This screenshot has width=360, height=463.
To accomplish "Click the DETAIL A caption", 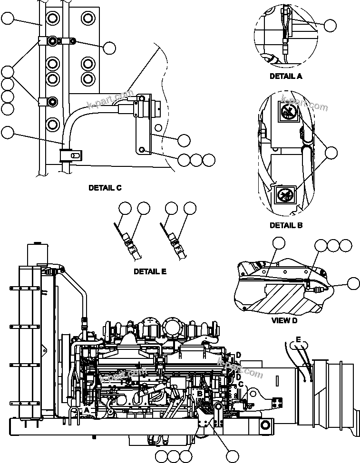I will pos(285,76).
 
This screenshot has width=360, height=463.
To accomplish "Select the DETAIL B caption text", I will pos(285,225).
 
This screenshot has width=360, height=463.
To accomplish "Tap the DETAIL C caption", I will pos(105,188).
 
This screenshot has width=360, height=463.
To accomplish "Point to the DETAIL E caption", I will pos(150,272).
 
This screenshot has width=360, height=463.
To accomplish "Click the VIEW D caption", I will pos(284,320).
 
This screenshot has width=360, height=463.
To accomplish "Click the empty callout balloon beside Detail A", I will pos(330,26).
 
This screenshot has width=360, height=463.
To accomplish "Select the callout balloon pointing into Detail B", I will pos(331,152).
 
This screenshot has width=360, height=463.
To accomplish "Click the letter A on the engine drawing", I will pos(87,409).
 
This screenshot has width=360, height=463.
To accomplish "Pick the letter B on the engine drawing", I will pos(200,394).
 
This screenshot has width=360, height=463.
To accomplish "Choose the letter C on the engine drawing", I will pos(241,384).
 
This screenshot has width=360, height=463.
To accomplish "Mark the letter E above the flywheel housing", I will pos(298,339).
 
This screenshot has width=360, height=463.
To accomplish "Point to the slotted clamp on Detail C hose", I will pos(71,155).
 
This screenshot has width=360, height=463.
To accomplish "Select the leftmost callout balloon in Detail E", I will pos(125,208).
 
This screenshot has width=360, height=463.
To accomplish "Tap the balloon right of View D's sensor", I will pos(353,284).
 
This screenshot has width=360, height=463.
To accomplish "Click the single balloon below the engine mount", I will pos(232,456).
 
